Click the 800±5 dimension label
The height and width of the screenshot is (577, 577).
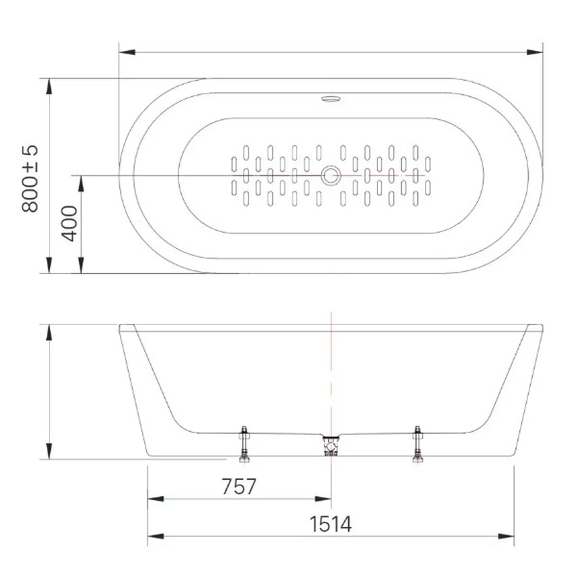pos(30,179)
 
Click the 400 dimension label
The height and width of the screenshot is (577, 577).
pos(69,223)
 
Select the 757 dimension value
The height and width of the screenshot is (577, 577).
pos(239,487)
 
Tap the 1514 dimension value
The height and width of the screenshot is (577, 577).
pos(331,524)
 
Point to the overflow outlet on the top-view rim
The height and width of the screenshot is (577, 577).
pos(331,98)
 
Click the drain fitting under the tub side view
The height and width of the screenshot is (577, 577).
pos(331,445)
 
